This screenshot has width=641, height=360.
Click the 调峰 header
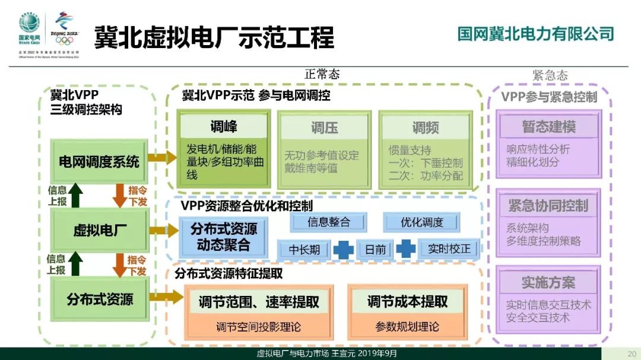click(x=224, y=126)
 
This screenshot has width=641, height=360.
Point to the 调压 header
click(x=325, y=128)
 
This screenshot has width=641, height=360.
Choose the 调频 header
click(x=426, y=128)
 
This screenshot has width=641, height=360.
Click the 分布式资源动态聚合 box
click(x=223, y=237)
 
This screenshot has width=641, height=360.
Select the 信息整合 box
click(x=328, y=222)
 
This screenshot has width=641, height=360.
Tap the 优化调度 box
click(x=422, y=222)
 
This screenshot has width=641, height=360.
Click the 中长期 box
click(x=304, y=249)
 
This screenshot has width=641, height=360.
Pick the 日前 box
click(x=376, y=249)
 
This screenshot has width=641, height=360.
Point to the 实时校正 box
click(x=449, y=249)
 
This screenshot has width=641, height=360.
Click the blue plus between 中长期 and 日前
click(x=344, y=249)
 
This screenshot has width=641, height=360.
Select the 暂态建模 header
click(x=548, y=127)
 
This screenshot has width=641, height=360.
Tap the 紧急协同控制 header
click(x=548, y=206)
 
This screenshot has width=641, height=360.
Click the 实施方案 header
click(x=548, y=282)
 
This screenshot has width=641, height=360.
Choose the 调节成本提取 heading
click(x=407, y=302)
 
